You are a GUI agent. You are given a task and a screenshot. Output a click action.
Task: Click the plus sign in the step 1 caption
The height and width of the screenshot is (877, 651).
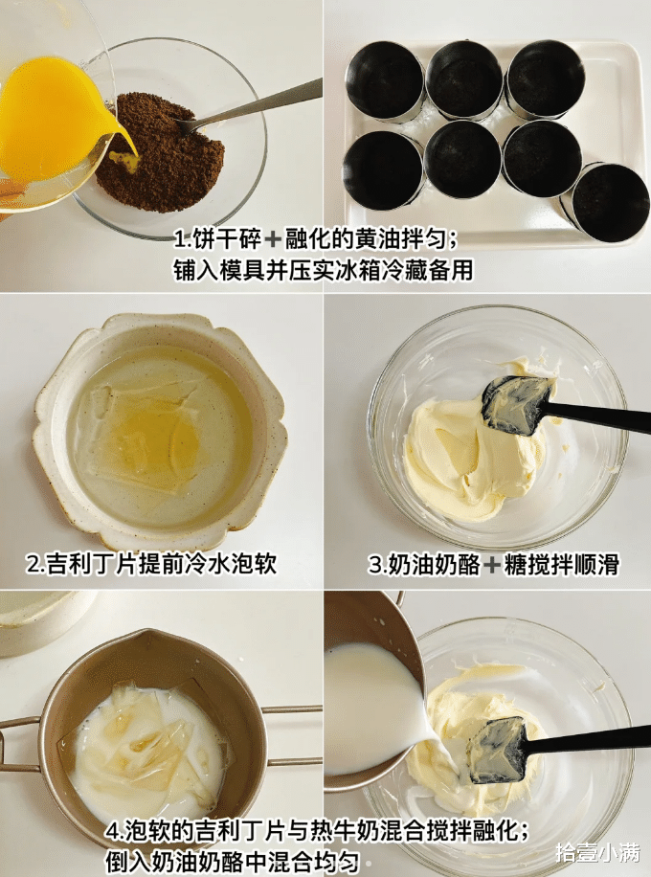[x=273, y=241]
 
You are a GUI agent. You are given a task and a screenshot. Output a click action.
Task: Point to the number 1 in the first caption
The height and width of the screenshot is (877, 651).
[x=179, y=241]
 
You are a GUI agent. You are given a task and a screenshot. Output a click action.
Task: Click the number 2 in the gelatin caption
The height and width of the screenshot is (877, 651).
[x=34, y=564]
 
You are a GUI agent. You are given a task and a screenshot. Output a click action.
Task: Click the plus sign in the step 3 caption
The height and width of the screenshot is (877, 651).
[x=492, y=564]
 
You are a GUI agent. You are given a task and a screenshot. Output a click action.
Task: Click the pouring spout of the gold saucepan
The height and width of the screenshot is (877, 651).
[x=147, y=636]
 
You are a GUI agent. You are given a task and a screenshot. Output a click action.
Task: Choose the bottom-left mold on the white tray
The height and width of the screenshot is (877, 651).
[x=384, y=169]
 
